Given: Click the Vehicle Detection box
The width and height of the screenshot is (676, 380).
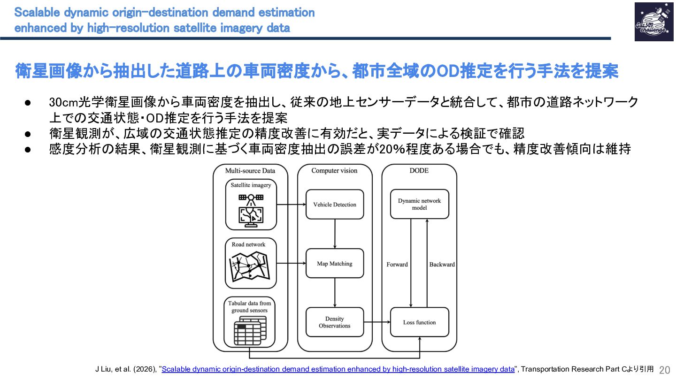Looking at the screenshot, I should tap(335, 205).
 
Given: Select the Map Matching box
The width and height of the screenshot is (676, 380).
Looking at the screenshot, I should tap(335, 264).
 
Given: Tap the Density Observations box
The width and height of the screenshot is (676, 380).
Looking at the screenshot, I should tap(335, 322).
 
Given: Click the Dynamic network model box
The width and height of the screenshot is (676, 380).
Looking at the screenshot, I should tap(419, 204).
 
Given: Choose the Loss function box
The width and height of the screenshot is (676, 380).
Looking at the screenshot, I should tap(419, 322).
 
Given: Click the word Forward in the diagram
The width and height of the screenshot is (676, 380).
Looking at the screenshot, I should tap(397, 265).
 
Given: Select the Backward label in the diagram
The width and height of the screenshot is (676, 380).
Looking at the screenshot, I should tap(442, 265).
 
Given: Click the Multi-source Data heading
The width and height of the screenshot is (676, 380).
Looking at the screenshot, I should tap(250, 171).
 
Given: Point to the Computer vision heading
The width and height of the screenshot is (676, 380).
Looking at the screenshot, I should tap(334, 171).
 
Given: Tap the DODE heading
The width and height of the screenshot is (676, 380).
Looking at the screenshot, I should tap(419, 171).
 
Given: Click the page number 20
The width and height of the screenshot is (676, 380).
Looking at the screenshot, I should tap(665, 370).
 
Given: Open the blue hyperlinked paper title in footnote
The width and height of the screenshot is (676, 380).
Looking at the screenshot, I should tap(338, 369).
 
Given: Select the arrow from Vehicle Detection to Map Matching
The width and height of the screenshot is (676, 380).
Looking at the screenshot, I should tap(335, 234).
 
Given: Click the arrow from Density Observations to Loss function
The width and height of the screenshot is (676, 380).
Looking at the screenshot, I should tap(377, 322).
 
